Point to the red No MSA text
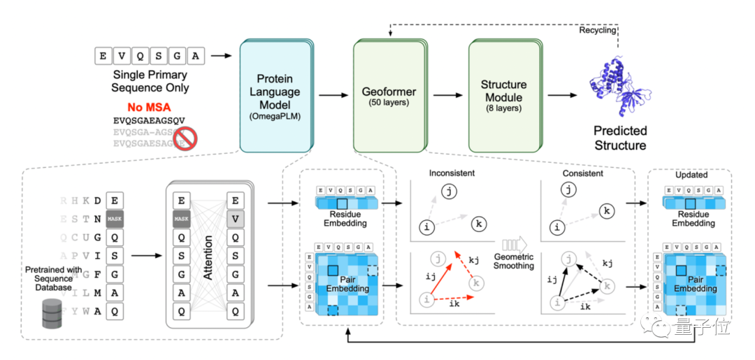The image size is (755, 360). [x=150, y=107]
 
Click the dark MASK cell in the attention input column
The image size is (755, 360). [x=182, y=218]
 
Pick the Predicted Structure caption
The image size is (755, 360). [x=620, y=138]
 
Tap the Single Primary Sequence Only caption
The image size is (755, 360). [x=150, y=82]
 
